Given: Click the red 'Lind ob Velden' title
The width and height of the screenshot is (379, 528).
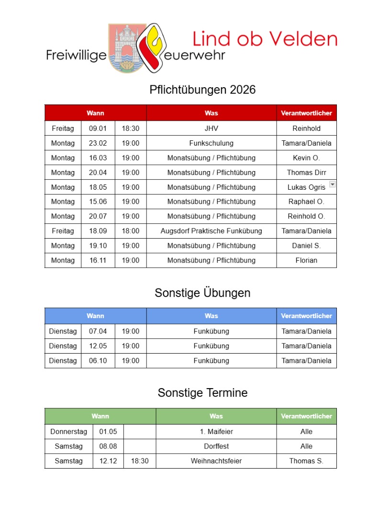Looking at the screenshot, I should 265,39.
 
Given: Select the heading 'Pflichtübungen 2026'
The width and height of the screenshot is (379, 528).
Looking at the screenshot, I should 202,90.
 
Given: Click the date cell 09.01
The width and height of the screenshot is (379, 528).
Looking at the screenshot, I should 98,128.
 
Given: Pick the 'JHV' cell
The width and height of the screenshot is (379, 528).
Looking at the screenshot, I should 211,128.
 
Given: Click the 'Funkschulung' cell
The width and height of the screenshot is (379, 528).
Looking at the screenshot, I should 211,143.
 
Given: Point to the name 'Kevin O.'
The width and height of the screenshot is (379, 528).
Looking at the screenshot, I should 306,158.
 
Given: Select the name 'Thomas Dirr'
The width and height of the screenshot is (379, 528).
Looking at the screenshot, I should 306,172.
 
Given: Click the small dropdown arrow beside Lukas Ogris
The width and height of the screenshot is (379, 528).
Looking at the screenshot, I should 333,184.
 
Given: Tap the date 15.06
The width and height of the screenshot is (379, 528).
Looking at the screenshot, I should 98,202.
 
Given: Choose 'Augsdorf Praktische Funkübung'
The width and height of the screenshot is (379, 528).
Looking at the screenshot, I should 211,231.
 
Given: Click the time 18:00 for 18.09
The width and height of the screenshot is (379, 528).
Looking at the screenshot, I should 130,231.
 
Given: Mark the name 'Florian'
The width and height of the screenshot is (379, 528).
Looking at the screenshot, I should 306,261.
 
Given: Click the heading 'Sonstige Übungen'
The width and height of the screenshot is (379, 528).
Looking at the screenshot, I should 202,293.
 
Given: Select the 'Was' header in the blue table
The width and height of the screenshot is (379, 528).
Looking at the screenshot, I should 211,316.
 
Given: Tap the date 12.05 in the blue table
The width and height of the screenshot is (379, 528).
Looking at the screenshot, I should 98,346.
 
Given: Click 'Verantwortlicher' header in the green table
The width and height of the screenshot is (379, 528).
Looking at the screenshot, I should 306,416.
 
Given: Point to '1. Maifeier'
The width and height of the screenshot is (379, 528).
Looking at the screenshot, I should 216,432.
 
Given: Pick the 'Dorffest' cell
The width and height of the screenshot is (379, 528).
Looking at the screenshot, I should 216,447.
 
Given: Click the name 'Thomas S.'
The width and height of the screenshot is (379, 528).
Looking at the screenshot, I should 306,461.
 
